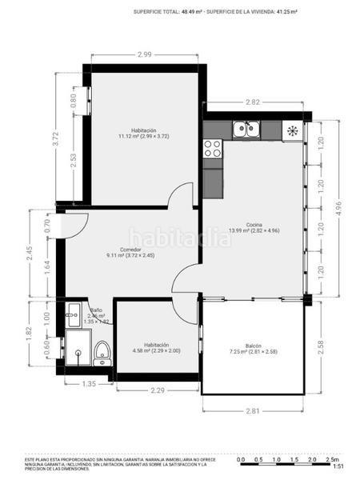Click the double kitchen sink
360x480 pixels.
click(x=246, y=128)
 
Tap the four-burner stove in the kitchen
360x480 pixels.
click(x=213, y=148)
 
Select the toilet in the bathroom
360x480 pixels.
click(x=102, y=352)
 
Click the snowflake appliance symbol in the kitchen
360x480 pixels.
click(x=293, y=130)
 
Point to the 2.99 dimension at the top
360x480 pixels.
click(x=144, y=54)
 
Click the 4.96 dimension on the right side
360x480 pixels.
click(x=338, y=208)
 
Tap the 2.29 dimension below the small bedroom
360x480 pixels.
click(x=158, y=390)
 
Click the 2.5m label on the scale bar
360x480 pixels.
click(x=331, y=460)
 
